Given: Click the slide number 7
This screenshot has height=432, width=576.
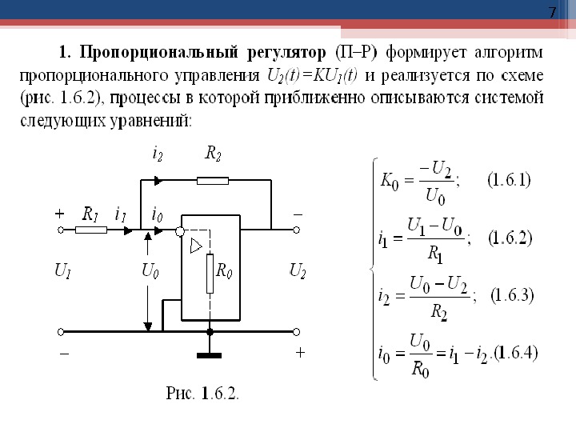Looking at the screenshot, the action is click(551, 13).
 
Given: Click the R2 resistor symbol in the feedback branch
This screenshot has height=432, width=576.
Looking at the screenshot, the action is click(213, 181).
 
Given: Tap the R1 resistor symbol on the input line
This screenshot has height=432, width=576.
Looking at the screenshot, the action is click(91, 230).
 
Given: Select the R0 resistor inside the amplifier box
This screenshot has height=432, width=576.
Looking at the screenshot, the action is click(209, 274).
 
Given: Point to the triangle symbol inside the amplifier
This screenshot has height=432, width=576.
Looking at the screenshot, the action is click(196, 247).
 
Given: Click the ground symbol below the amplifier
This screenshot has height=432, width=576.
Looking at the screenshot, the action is click(210, 352).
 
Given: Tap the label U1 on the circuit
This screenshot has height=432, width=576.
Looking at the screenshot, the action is click(62, 272).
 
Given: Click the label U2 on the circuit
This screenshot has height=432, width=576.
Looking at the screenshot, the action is click(297, 272).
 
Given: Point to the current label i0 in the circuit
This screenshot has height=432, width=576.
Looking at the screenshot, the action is click(157, 214).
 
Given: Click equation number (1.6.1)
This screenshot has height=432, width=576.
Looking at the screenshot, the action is click(509, 179).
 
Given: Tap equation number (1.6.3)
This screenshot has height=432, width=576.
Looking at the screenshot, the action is click(512, 295).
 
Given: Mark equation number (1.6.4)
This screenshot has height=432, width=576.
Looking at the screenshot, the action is click(517, 352).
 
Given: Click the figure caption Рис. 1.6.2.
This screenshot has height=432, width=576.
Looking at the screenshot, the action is click(203, 393).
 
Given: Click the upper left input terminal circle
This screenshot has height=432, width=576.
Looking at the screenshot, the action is click(61, 230).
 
